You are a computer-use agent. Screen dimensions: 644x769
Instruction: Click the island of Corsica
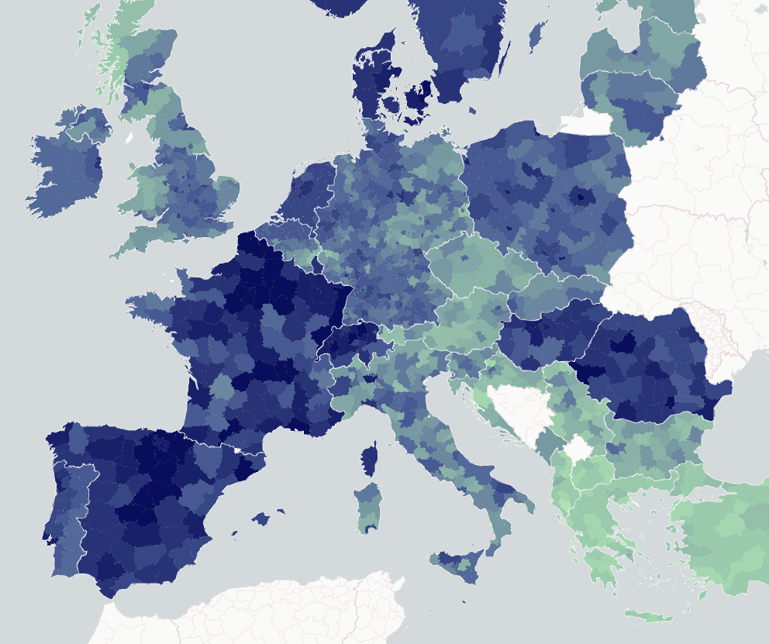[371, 459]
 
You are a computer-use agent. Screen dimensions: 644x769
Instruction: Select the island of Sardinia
[367, 508]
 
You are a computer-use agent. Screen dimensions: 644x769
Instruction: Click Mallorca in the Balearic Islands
[264, 518]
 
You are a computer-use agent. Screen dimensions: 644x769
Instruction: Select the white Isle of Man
[128, 138]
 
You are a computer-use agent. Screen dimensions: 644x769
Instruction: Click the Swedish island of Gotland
[536, 36]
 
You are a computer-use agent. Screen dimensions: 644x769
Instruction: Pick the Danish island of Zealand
[417, 97]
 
